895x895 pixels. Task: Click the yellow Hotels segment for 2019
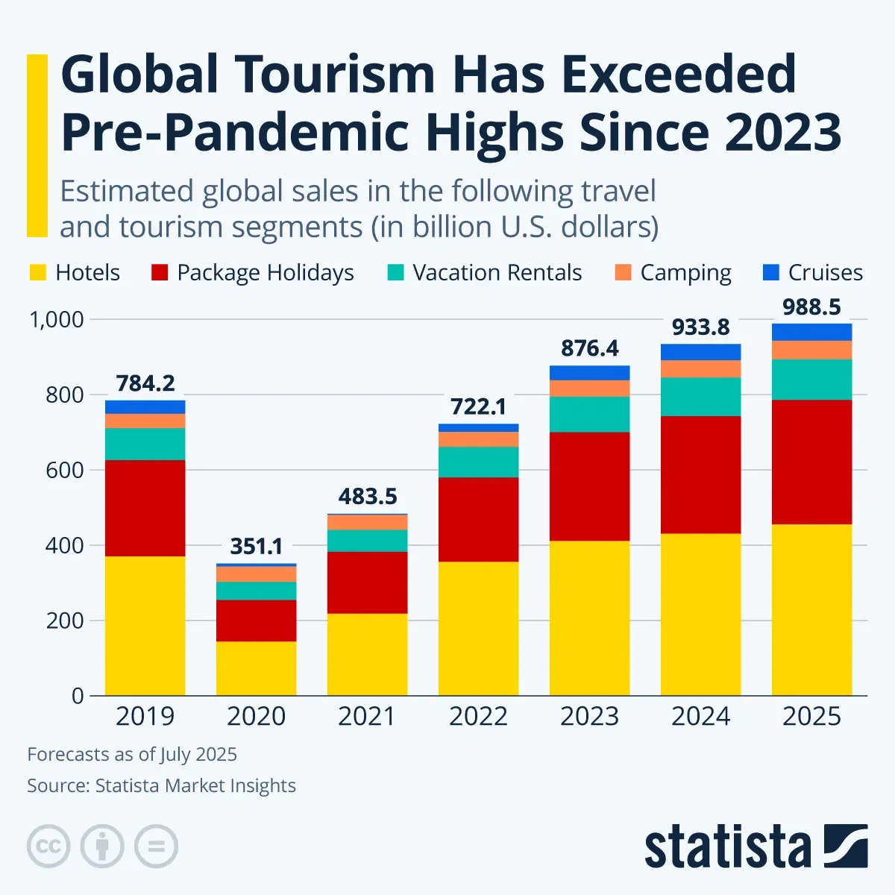click(145, 625)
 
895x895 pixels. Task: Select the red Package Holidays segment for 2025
click(811, 462)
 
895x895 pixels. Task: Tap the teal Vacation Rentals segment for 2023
click(589, 414)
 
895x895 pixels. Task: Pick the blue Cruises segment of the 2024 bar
click(700, 352)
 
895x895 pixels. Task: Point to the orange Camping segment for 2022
click(478, 439)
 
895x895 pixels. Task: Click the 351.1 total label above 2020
click(256, 547)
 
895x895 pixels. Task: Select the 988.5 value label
click(811, 307)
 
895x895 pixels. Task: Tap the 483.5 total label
click(367, 497)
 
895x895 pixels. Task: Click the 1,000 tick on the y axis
click(56, 320)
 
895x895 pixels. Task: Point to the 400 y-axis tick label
click(65, 546)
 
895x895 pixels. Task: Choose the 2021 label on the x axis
click(367, 717)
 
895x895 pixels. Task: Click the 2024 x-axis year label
click(700, 717)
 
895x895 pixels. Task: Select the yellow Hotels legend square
click(37, 273)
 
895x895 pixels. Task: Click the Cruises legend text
click(825, 273)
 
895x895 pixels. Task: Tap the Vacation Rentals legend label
click(497, 273)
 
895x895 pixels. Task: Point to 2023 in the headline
click(782, 133)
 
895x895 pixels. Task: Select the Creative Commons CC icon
click(48, 847)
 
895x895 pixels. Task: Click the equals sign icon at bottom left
click(156, 847)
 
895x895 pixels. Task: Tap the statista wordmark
click(727, 848)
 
